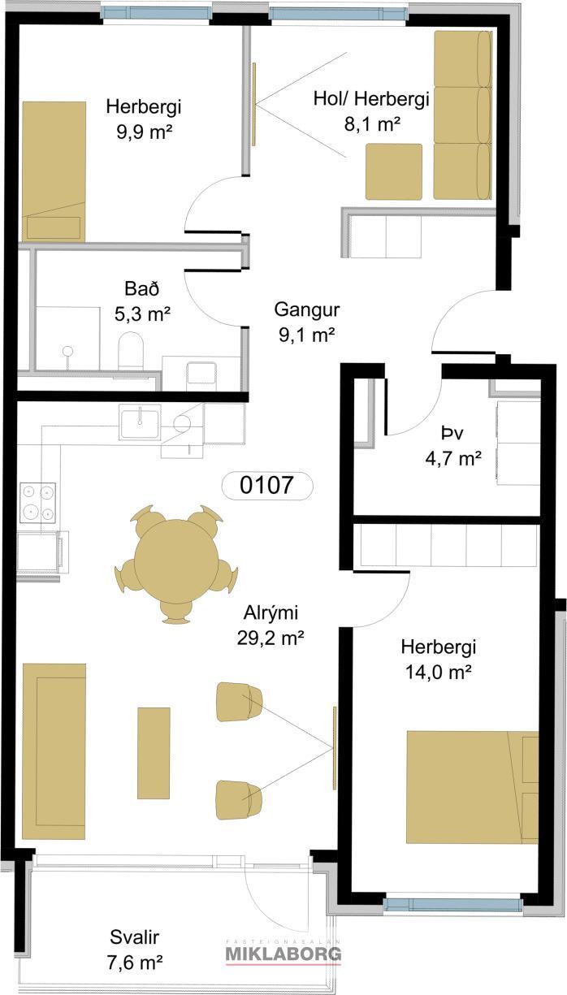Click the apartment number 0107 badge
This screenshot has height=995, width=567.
click(x=267, y=485)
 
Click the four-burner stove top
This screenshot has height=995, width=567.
click(x=37, y=503)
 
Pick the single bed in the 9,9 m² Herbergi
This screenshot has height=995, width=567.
click(x=54, y=171)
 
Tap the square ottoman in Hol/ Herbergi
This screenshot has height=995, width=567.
click(x=394, y=171)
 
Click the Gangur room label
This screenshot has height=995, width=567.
click(x=306, y=309)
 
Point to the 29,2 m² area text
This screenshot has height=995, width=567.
click(x=271, y=638)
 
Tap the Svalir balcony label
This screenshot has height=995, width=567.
click(x=134, y=938)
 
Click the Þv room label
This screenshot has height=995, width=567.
click(x=452, y=433)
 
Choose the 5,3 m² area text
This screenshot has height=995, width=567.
click(x=142, y=314)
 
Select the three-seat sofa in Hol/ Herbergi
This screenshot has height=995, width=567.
click(x=462, y=115)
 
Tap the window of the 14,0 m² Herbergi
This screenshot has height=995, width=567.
click(x=452, y=904)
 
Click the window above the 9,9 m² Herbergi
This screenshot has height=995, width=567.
click(x=155, y=11)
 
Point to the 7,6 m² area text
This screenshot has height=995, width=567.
click(x=134, y=963)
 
